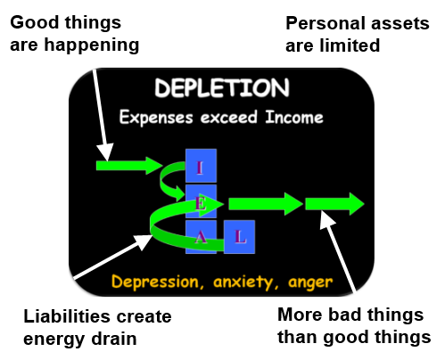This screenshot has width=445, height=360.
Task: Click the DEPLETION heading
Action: pyautogui.click(x=222, y=88)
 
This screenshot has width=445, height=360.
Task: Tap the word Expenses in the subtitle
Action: pyautogui.click(x=156, y=118)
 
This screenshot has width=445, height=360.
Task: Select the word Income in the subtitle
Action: pyautogui.click(x=294, y=117)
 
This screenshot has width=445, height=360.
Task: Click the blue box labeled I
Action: pyautogui.click(x=201, y=166)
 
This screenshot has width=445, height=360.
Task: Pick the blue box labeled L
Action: pyautogui.click(x=239, y=237)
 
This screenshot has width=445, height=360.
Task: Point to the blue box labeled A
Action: pyautogui.click(x=201, y=237)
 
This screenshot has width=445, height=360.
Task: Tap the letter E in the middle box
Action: pyautogui.click(x=201, y=203)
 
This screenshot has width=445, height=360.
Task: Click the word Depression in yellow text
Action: pyautogui.click(x=158, y=282)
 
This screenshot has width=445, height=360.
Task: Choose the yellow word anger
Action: pyautogui.click(x=310, y=282)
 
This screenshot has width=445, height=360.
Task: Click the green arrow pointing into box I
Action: pyautogui.click(x=129, y=166)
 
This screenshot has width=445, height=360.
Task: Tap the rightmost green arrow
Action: pyautogui.click(x=334, y=204)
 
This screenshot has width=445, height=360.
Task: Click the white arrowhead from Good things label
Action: pyautogui.click(x=105, y=152)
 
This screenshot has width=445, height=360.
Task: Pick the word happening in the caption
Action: pyautogui.click(x=92, y=46)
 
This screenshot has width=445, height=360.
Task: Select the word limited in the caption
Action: pyautogui.click(x=350, y=45)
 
